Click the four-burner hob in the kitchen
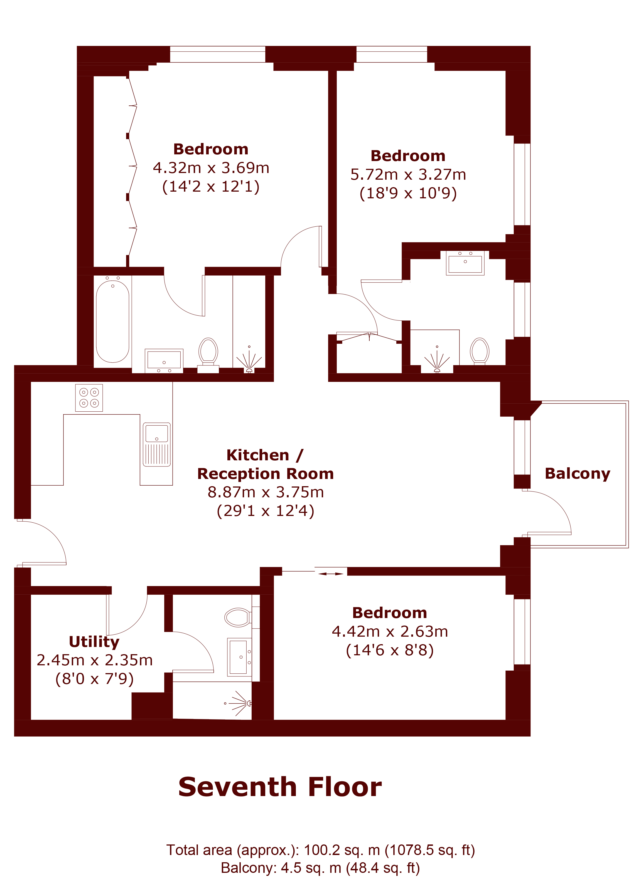[x=89, y=398]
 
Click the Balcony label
[x=578, y=474]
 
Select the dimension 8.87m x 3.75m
[x=266, y=492]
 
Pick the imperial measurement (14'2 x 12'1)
[x=211, y=187]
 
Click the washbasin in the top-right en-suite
[x=465, y=263]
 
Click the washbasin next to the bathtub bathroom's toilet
[x=164, y=360]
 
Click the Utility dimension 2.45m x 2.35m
[x=95, y=660]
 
